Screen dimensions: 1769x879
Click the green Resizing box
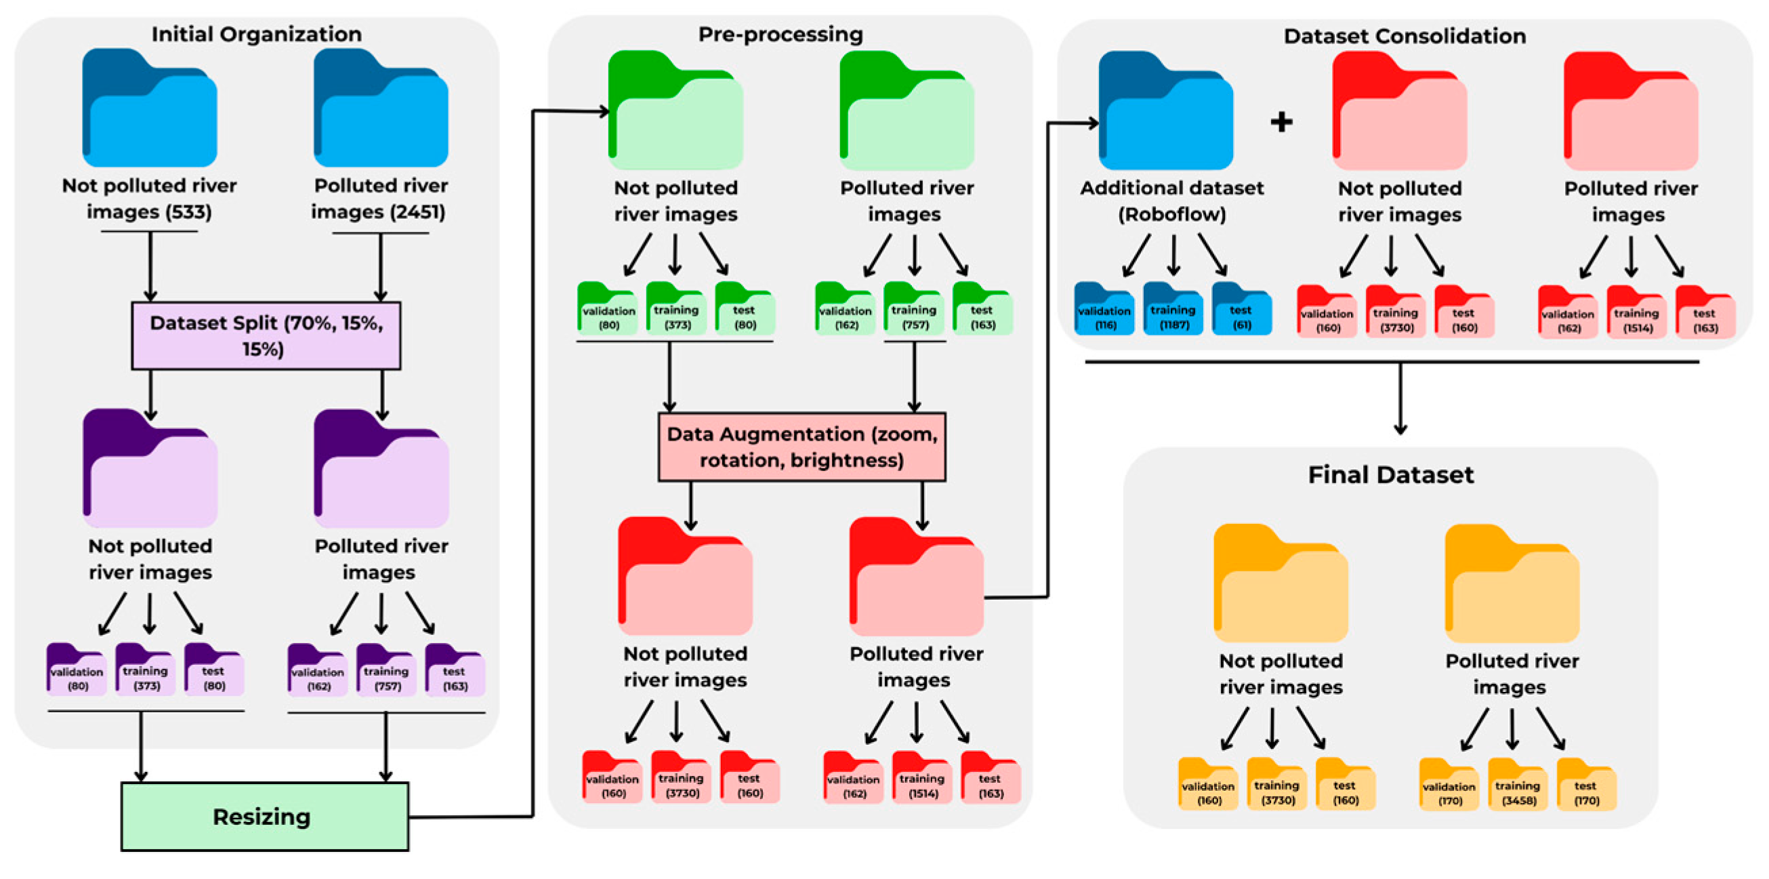[265, 817]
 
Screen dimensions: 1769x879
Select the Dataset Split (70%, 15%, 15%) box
[266, 335]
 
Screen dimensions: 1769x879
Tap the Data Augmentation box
[802, 447]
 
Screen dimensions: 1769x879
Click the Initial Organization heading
[257, 34]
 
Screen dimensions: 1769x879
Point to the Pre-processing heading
[781, 34]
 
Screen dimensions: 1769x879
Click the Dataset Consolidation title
[1405, 36]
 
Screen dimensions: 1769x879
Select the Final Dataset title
[1392, 474]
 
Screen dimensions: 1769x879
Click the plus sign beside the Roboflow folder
[1281, 122]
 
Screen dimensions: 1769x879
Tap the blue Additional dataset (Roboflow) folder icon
[1166, 110]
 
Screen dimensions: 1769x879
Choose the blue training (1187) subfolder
[1173, 309]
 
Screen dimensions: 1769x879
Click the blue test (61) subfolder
[1243, 309]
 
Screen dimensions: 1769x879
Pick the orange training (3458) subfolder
[1518, 785]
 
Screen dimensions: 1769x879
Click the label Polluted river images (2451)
[379, 199]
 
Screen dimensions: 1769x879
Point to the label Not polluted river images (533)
[150, 199]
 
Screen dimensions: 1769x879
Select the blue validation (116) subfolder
[1104, 309]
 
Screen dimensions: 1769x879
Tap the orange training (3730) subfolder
[1276, 784]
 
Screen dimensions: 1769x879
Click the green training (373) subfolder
[676, 308]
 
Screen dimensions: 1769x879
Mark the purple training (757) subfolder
[387, 670]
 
